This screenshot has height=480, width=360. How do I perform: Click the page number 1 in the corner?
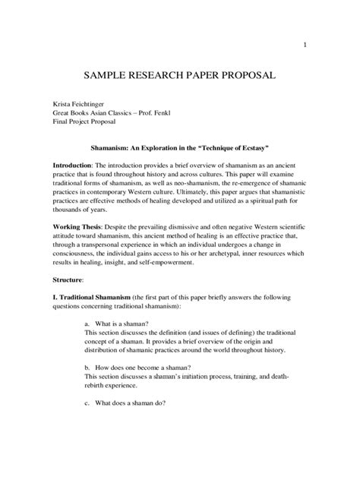click(305, 45)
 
